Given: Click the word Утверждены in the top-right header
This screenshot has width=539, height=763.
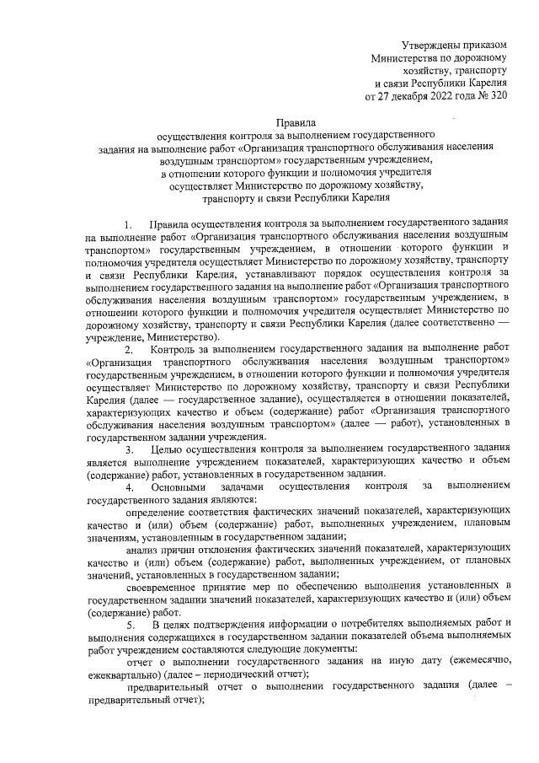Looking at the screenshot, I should tap(430, 45).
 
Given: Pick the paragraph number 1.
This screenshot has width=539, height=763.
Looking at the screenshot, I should tap(128, 225).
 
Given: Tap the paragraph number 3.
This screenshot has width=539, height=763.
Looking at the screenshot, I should tap(128, 449).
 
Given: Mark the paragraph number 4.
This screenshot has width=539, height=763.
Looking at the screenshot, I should tap(128, 486).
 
